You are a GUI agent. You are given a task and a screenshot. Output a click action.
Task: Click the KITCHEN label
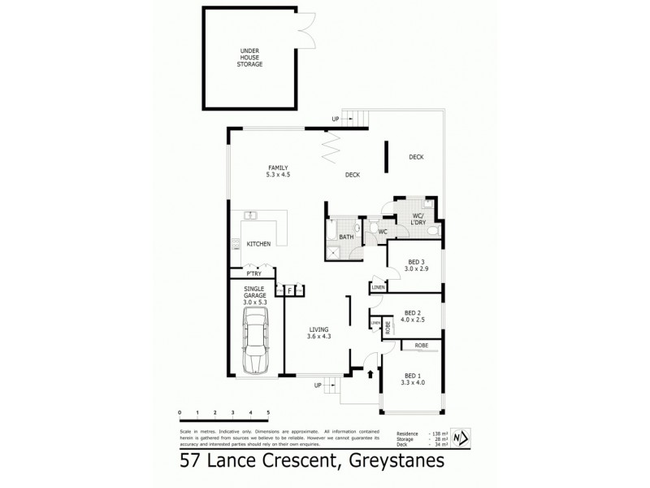258,244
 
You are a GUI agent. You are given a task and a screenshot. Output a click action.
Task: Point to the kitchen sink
252,216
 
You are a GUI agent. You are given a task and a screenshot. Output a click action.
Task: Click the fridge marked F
289,290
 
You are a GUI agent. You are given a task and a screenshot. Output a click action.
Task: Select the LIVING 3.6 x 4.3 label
319,333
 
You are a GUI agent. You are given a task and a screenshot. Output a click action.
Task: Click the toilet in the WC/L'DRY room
433,231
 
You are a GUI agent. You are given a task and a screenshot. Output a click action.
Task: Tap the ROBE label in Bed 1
421,345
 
